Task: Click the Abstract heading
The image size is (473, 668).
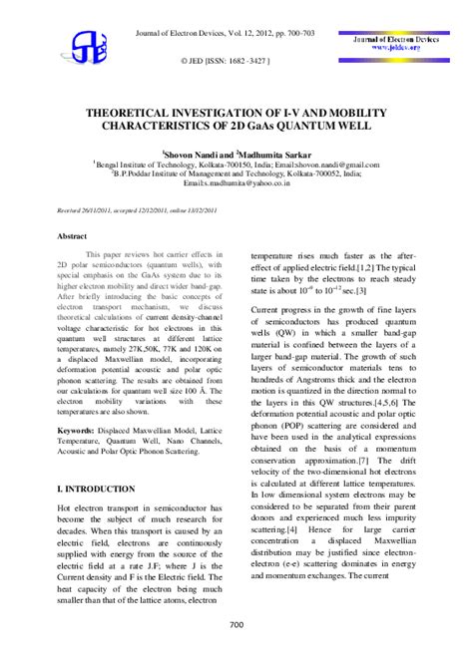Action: [x=71, y=236]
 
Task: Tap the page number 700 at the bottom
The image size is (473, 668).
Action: [x=236, y=625]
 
